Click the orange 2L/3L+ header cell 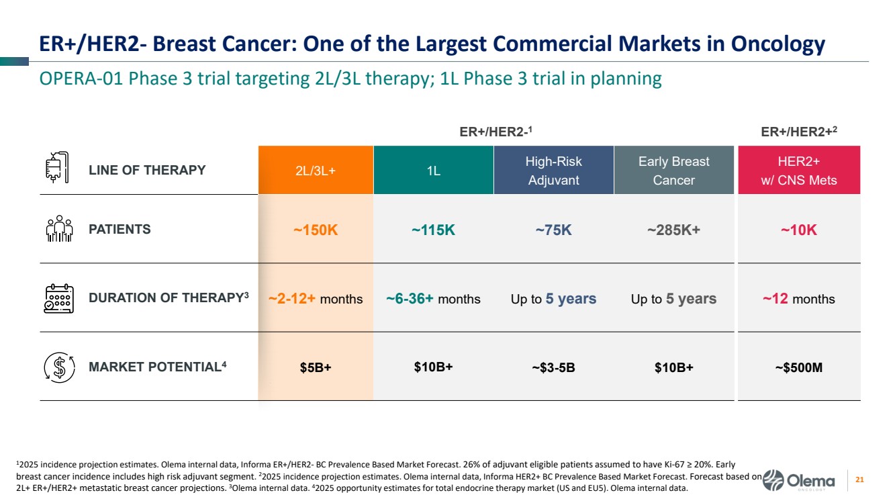(316, 171)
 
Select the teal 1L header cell (434, 171)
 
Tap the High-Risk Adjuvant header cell (554, 171)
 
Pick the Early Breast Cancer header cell (674, 171)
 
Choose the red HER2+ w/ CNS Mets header (799, 171)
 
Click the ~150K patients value (316, 230)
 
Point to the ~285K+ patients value (673, 230)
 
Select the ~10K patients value (798, 230)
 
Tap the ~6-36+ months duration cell (434, 299)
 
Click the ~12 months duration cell (798, 299)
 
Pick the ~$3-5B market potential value (553, 367)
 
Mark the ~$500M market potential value (798, 367)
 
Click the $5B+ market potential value (316, 367)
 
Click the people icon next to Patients (59, 229)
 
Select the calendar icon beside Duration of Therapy (58, 299)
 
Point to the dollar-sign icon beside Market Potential (59, 367)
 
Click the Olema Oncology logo (802, 481)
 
